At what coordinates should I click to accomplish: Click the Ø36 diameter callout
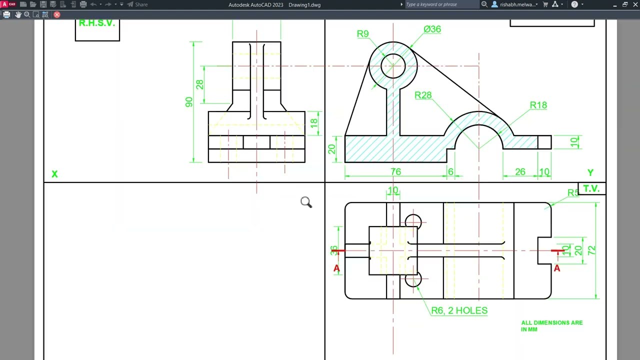click(x=432, y=29)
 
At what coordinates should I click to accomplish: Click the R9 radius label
click(x=362, y=34)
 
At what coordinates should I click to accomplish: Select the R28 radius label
click(x=423, y=95)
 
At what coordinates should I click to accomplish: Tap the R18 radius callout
click(x=538, y=105)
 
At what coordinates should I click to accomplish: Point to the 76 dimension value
click(x=395, y=171)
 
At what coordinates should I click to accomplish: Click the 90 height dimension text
click(x=189, y=102)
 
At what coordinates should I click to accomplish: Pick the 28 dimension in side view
click(x=200, y=84)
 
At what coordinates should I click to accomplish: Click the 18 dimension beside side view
click(x=314, y=123)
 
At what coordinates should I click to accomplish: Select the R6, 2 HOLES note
click(x=459, y=310)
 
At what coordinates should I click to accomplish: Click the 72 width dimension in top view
click(x=592, y=250)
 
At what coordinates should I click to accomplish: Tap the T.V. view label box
click(x=591, y=188)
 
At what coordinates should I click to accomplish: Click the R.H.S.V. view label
click(x=97, y=23)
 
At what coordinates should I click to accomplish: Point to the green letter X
click(x=54, y=174)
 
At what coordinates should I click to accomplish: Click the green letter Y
click(x=590, y=172)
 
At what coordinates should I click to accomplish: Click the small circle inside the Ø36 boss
click(x=393, y=66)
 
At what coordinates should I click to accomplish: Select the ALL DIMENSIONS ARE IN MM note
click(x=551, y=326)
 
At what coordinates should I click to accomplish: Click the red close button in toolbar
click(x=57, y=14)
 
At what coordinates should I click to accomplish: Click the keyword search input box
click(x=441, y=4)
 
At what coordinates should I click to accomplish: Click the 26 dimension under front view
click(x=520, y=171)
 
